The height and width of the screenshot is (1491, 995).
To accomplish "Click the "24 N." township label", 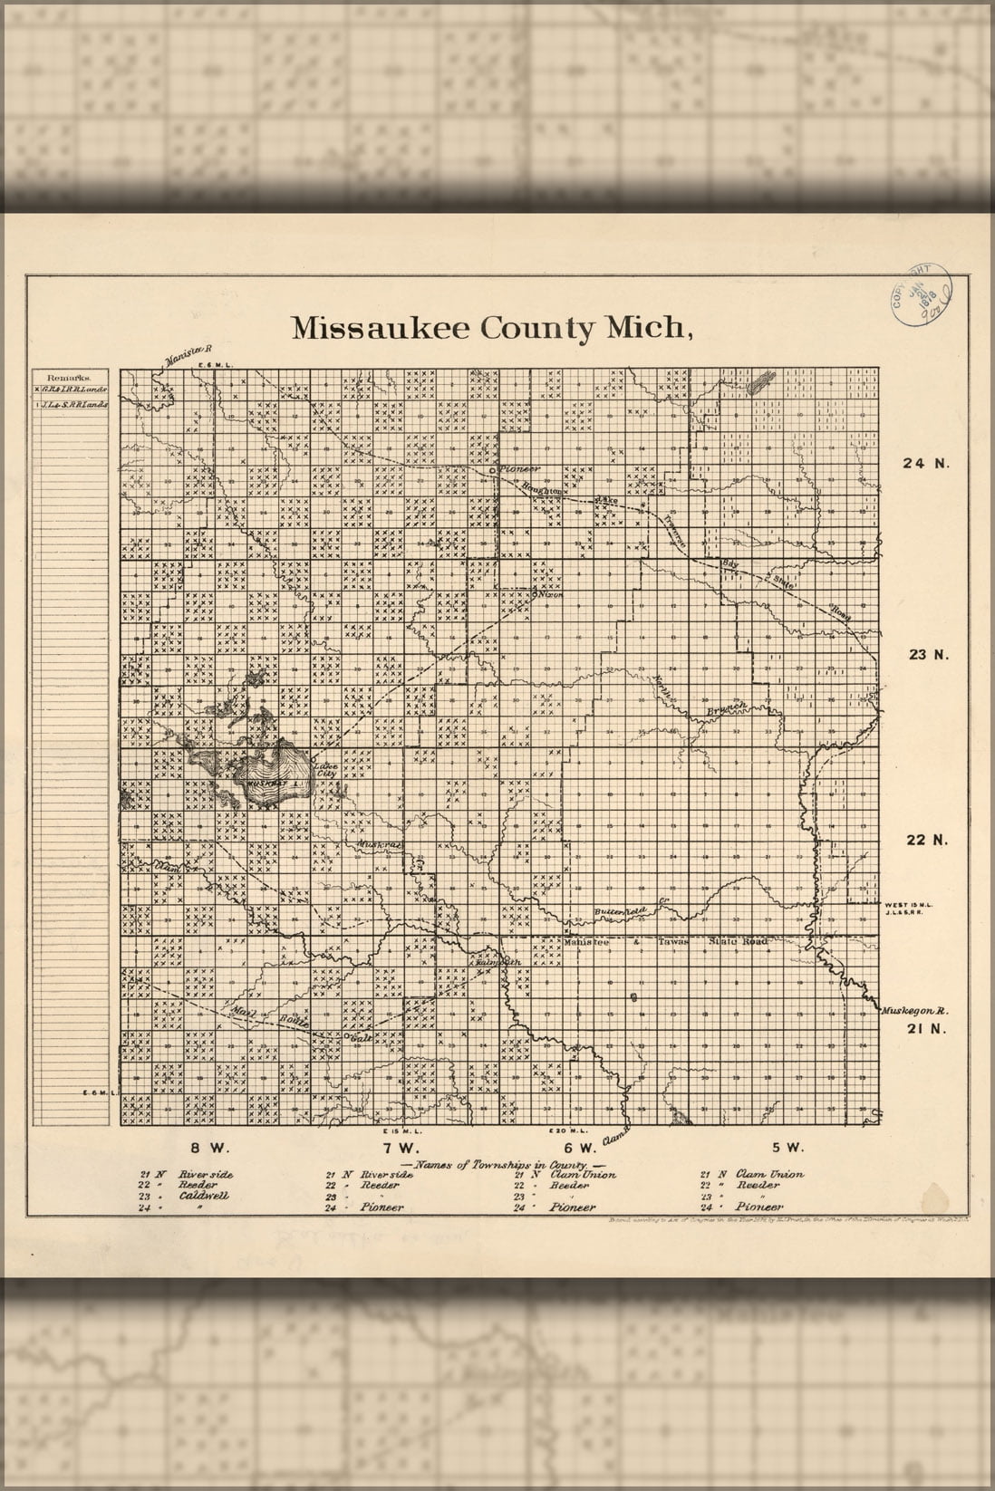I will pyautogui.click(x=924, y=464).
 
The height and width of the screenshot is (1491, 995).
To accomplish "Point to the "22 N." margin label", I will pyautogui.click(x=926, y=840).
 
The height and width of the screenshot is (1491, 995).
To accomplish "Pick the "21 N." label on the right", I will pyautogui.click(x=926, y=1028).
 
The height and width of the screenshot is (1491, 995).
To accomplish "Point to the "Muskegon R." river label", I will pyautogui.click(x=914, y=1009).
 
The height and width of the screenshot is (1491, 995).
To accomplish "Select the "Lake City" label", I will pyautogui.click(x=324, y=771).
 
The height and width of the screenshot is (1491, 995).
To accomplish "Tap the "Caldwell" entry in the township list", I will pyautogui.click(x=204, y=1195).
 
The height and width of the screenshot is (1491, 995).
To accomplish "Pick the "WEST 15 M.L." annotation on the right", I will pyautogui.click(x=903, y=904).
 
